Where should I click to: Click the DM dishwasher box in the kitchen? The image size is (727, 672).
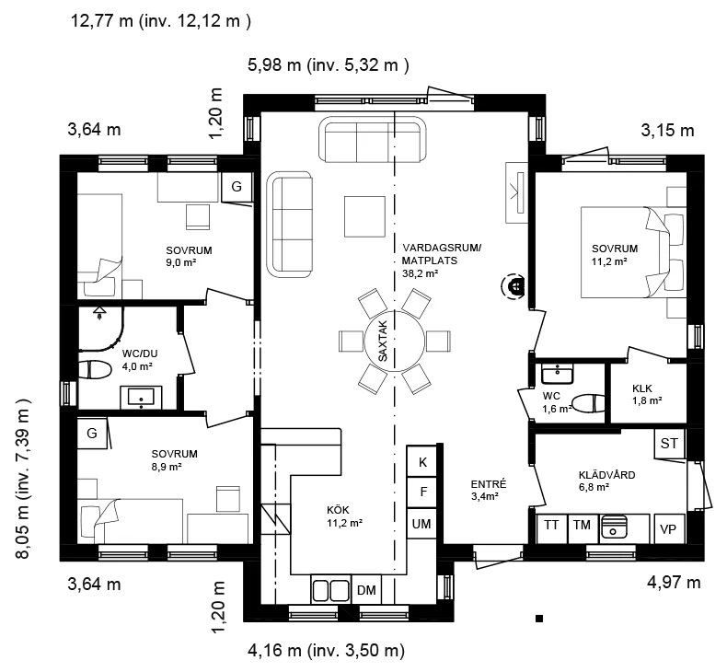click(366, 589)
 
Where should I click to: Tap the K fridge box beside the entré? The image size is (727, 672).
click(421, 461)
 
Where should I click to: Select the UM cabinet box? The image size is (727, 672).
click(421, 524)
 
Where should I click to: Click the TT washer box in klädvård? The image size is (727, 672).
click(552, 528)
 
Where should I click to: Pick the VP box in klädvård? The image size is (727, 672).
click(669, 528)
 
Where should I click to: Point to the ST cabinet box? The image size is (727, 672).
click(669, 444)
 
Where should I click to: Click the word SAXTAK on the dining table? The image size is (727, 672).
click(383, 341)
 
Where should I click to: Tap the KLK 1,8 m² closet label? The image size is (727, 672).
click(647, 394)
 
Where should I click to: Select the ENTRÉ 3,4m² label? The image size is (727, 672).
click(489, 491)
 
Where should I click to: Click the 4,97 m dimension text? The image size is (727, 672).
click(674, 583)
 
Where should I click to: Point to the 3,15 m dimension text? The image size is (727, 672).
click(668, 131)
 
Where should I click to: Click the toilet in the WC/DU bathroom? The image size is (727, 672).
click(95, 370)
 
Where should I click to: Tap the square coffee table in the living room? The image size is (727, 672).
click(364, 216)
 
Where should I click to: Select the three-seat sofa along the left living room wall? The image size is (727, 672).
click(289, 225)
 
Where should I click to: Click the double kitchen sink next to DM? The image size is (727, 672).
click(331, 590)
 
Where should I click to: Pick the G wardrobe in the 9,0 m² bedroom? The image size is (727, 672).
click(237, 187)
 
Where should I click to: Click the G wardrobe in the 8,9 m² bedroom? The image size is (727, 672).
click(92, 434)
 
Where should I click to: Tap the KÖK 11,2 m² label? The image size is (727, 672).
click(344, 516)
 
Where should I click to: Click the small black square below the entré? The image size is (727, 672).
click(539, 619)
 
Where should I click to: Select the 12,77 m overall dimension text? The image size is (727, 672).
click(161, 21)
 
